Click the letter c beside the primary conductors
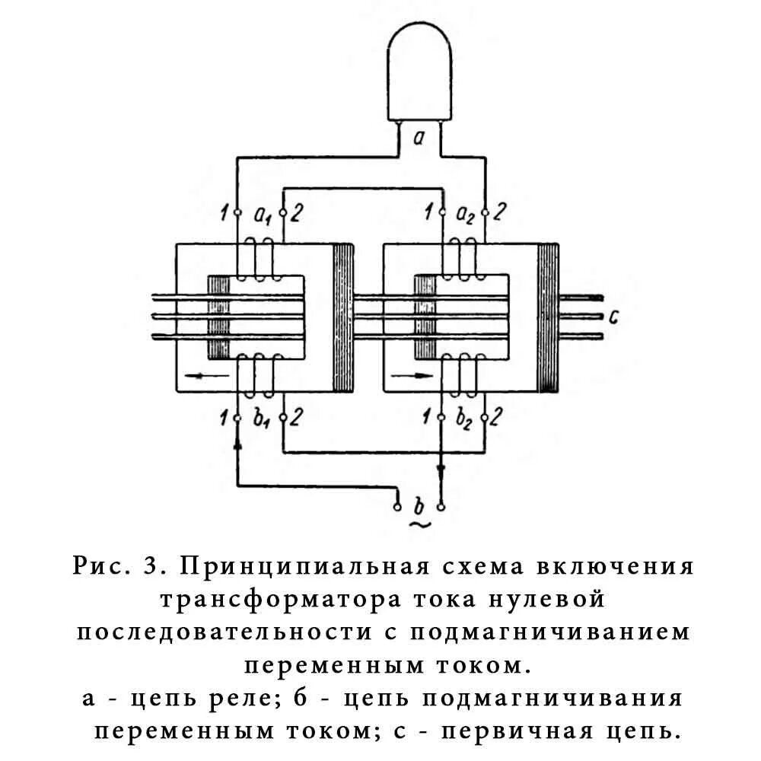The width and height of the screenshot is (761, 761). (x=613, y=316)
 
